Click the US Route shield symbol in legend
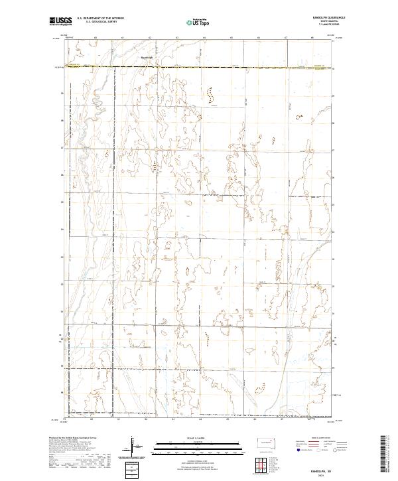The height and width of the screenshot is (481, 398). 319,449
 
